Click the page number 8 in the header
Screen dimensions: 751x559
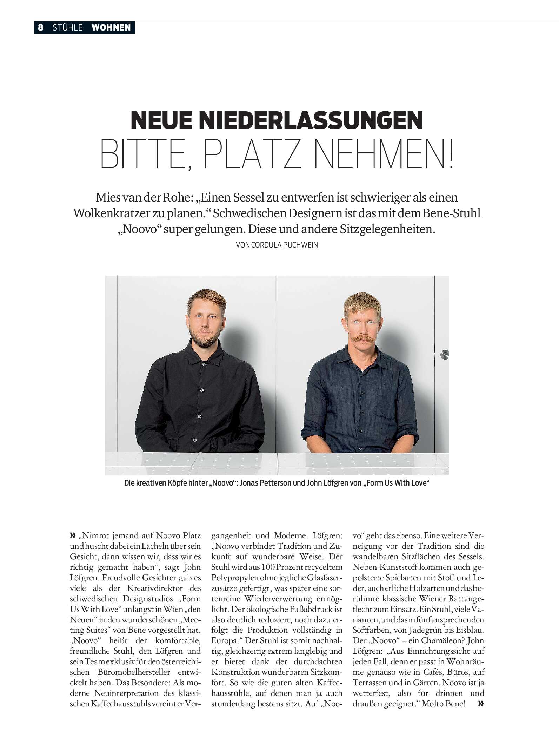[x=41, y=27]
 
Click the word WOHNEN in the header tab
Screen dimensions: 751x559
[x=111, y=27]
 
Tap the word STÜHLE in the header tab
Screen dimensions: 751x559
[x=67, y=27]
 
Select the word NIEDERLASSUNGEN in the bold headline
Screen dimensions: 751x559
[x=311, y=120]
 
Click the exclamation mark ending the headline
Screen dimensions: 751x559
[x=451, y=154]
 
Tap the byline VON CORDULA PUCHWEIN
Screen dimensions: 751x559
[x=277, y=245]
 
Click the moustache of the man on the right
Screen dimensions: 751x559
[x=363, y=338]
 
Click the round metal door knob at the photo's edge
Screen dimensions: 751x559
[x=445, y=354]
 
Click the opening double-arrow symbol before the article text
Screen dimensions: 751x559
[x=73, y=536]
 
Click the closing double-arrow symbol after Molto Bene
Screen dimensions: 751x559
[x=480, y=704]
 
